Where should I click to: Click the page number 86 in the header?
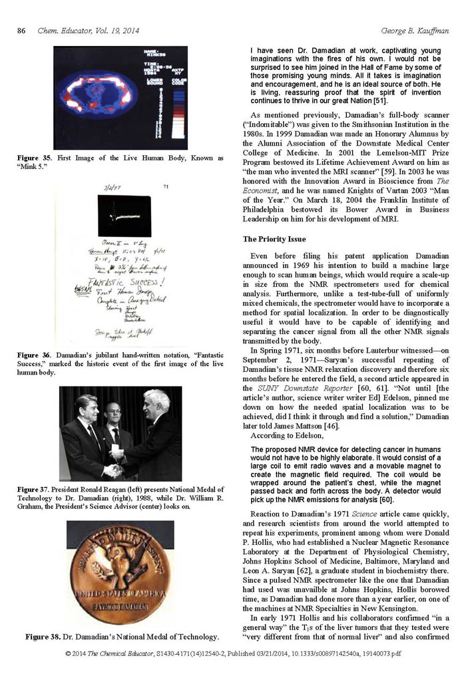21,31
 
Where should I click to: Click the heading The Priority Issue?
274,238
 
